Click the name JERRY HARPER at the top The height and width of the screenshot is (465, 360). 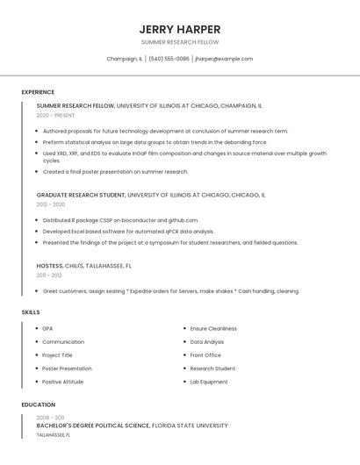tap(180, 29)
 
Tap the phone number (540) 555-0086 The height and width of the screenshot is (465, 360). tap(169, 59)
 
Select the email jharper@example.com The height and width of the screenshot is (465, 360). tap(224, 59)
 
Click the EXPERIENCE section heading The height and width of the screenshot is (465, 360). tap(38, 92)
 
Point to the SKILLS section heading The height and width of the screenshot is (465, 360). tap(31, 312)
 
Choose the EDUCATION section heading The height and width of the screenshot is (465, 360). tap(38, 404)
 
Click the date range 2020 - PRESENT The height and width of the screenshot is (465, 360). tap(55, 115)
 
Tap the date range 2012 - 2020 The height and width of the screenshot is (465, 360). tap(51, 204)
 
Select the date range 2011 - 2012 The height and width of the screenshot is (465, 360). tap(50, 275)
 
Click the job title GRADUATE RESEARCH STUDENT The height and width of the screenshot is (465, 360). tap(82, 195)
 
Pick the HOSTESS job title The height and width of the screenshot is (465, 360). tap(50, 265)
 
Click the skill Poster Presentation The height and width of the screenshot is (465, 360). tap(67, 368)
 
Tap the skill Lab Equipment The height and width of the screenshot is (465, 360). tap(209, 382)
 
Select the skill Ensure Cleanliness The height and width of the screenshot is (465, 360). tap(213, 328)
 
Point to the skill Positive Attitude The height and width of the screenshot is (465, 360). tap(63, 382)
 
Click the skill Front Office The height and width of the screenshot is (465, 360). tap(205, 355)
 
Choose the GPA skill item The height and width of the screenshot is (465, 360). tap(47, 328)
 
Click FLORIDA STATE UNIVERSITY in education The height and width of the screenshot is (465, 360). tap(190, 426)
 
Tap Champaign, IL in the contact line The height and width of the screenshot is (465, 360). tap(124, 59)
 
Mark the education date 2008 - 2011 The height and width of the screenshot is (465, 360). tap(51, 418)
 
